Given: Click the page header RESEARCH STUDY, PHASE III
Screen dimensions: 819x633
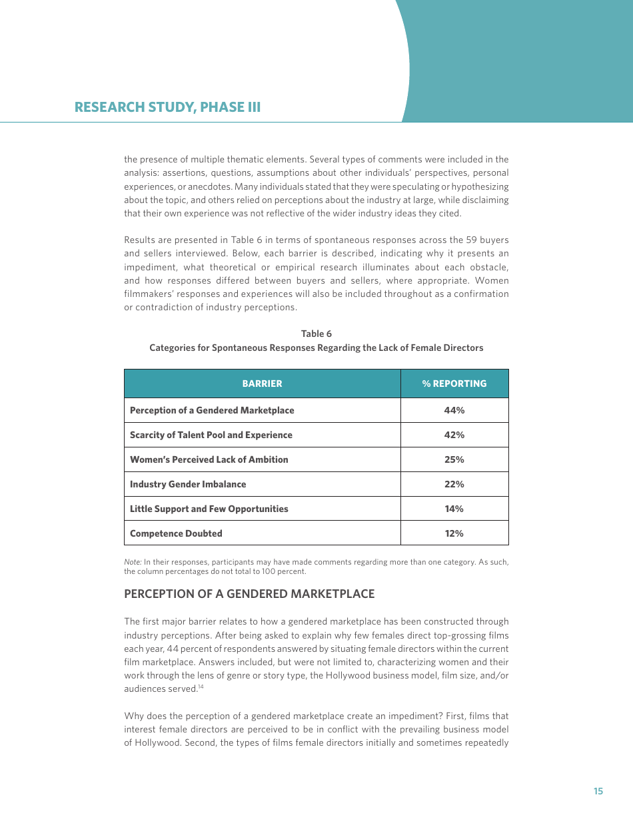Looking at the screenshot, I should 167,107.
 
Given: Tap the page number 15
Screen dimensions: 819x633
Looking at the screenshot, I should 598,791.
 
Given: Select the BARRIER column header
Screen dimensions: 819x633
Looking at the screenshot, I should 262,384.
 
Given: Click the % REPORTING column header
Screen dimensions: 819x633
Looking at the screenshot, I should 454,384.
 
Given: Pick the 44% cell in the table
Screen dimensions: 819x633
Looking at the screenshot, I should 454,410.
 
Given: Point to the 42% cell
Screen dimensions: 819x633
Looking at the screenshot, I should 454,435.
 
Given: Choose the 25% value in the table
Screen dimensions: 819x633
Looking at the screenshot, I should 454,459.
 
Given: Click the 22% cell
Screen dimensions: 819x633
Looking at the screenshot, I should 454,484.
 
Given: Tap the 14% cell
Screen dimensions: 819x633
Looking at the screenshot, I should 454,509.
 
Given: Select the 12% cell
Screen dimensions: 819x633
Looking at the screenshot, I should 454,533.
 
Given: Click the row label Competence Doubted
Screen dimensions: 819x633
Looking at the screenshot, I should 176,533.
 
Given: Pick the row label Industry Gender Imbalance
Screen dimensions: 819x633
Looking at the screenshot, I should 188,484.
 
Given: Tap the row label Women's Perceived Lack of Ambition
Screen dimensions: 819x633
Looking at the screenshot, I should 209,459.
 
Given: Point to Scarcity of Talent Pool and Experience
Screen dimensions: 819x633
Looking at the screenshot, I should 211,435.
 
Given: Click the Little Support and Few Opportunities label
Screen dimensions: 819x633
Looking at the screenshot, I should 209,509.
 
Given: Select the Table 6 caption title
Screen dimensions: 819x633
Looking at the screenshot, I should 316,334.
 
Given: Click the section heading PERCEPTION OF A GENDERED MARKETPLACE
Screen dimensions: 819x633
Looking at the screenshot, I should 249,594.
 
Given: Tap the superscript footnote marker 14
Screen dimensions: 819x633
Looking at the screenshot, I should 200,686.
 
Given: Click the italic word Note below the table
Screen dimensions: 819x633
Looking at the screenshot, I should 132,562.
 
